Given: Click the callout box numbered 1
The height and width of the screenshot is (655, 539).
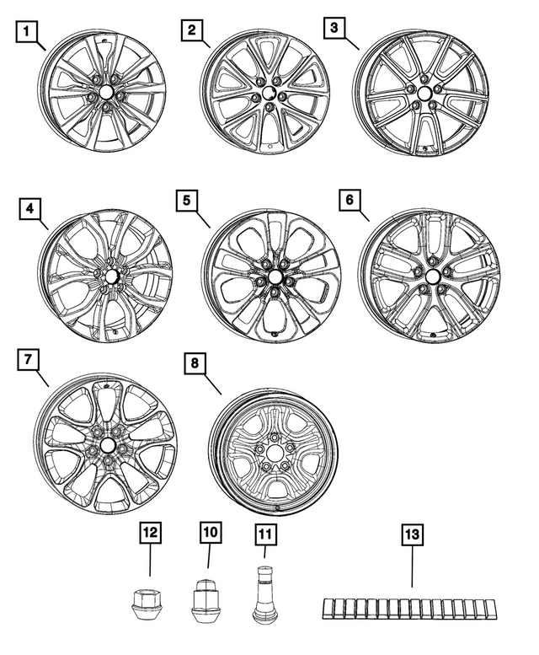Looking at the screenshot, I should click(28, 35).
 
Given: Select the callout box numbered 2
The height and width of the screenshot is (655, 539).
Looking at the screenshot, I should click(193, 31).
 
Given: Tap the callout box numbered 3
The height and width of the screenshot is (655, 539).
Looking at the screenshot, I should click(334, 29).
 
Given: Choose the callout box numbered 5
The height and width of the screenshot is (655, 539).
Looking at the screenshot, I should click(189, 203).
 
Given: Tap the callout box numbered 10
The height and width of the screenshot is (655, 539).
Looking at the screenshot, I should click(210, 534).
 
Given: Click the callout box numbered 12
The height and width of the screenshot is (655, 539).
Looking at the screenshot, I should click(150, 534).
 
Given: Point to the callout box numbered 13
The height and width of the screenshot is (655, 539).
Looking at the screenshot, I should click(412, 534).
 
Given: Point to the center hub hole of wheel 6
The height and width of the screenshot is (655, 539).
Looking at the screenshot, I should click(433, 276).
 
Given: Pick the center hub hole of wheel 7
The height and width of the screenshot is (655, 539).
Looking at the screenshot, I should click(109, 444).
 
